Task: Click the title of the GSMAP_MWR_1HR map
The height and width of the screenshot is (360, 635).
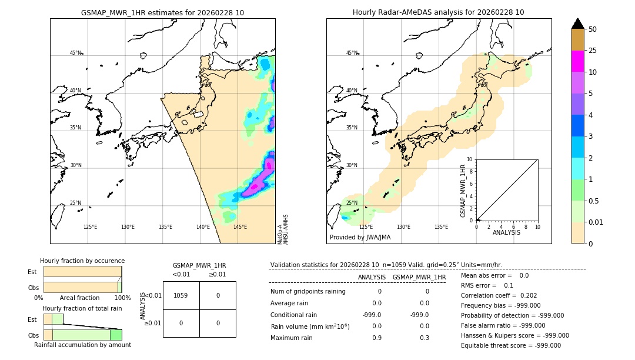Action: pyautogui.click(x=162, y=12)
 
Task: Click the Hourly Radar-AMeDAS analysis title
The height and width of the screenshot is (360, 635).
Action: pyautogui.click(x=438, y=12)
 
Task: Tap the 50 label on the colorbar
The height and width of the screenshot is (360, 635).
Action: pyautogui.click(x=593, y=29)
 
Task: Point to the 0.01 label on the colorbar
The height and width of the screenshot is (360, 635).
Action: pyautogui.click(x=596, y=222)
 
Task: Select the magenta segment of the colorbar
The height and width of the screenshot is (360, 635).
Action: pyautogui.click(x=577, y=61)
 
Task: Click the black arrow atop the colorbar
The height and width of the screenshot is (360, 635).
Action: pyautogui.click(x=577, y=24)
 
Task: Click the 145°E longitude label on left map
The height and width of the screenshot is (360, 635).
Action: pyautogui.click(x=240, y=227)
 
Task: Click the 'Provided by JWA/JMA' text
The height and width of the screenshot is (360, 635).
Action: pyautogui.click(x=360, y=238)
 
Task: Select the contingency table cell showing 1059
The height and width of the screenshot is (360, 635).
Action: pyautogui.click(x=181, y=295)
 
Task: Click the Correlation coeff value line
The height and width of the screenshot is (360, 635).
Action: pyautogui.click(x=499, y=295)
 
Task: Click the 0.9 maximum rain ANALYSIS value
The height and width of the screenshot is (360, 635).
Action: pyautogui.click(x=376, y=338)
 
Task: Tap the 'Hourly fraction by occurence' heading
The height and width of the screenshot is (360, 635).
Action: pyautogui.click(x=82, y=261)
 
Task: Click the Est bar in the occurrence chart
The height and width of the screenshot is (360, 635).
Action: pyautogui.click(x=82, y=272)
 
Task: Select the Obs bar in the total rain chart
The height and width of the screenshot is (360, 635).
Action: pyautogui.click(x=82, y=335)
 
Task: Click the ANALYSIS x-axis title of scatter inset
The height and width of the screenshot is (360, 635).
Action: pyautogui.click(x=506, y=232)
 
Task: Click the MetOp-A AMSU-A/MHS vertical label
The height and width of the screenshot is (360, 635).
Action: pyautogui.click(x=283, y=229)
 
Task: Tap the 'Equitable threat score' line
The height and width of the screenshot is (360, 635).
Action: pyautogui.click(x=510, y=345)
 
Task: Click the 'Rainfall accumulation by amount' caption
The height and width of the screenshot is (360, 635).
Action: pyautogui.click(x=82, y=345)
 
